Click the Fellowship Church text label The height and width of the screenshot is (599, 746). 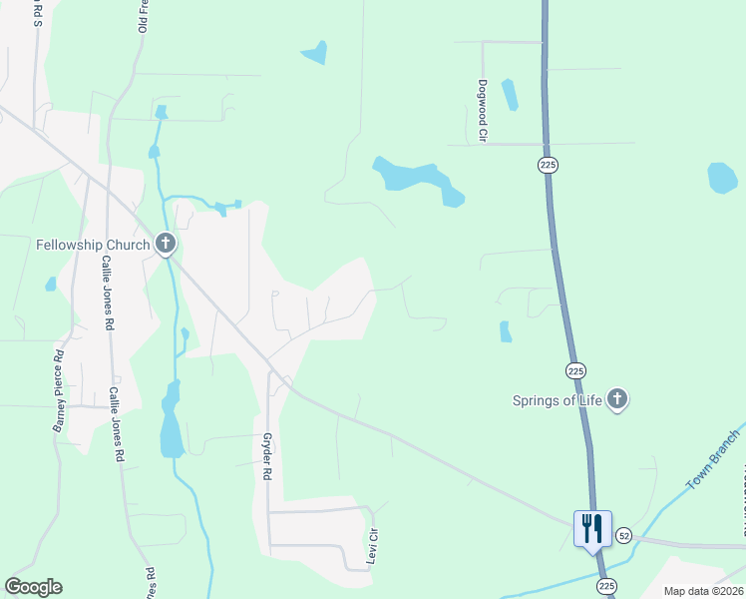coord(93,244)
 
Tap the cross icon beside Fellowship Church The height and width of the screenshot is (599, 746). coord(166,243)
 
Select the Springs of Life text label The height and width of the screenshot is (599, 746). coord(557,400)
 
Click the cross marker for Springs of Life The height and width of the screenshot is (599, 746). coord(617,400)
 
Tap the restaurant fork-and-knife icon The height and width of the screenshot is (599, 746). coord(592,526)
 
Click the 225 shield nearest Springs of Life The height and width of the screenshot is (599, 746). coord(575,370)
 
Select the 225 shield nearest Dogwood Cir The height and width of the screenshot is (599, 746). coord(548,165)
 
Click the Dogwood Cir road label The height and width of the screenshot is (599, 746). coord(482,111)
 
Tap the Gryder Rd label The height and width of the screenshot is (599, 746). coord(266,457)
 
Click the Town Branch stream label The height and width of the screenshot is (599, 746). coord(714,460)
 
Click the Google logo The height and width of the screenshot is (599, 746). coord(33,587)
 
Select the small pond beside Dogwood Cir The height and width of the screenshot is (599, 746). coord(510,95)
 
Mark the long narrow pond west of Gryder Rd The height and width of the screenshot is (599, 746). coord(172,419)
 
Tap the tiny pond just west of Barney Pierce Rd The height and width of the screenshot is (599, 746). coord(51,285)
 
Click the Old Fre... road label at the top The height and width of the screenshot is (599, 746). coord(144,18)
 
